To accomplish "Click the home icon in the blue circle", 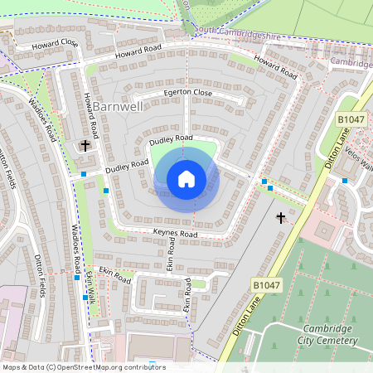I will [x=186, y=178].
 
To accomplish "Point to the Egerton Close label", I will [x=187, y=93].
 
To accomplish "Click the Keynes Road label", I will [x=176, y=235].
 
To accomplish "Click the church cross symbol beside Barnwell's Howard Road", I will [x=85, y=145].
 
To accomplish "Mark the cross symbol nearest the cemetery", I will [x=280, y=218].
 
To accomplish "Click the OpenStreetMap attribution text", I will [x=84, y=367].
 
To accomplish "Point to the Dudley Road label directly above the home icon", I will [x=172, y=140].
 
